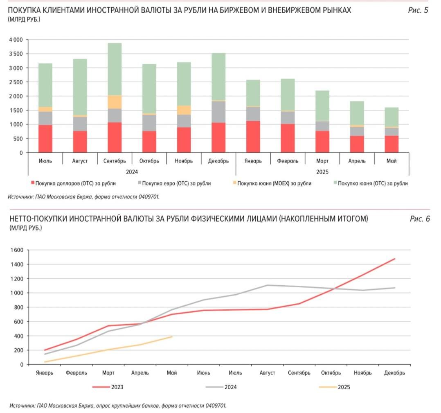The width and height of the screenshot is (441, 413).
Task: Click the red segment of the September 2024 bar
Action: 115,137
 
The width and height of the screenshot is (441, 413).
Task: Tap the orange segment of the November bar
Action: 184,110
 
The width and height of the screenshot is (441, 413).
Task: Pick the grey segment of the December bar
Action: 218,111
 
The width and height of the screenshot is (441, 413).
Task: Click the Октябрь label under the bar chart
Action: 149,161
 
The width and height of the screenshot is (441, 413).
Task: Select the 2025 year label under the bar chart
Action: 322,172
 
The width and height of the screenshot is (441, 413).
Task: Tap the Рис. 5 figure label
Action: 418,10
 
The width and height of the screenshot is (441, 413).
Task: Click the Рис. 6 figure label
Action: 420,219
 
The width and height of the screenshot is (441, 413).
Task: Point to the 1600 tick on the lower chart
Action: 18,250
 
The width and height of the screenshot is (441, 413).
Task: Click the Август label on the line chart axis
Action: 267,373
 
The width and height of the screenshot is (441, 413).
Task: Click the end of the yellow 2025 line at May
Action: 172,337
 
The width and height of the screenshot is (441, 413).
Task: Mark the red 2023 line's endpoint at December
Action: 394,259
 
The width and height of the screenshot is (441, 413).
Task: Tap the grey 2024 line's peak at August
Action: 267,285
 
